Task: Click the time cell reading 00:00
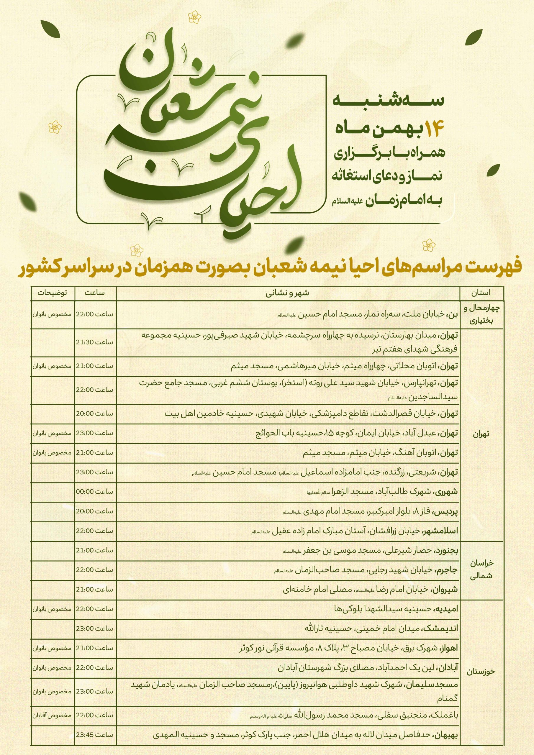tap(95, 492)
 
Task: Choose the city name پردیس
tap(448, 511)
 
